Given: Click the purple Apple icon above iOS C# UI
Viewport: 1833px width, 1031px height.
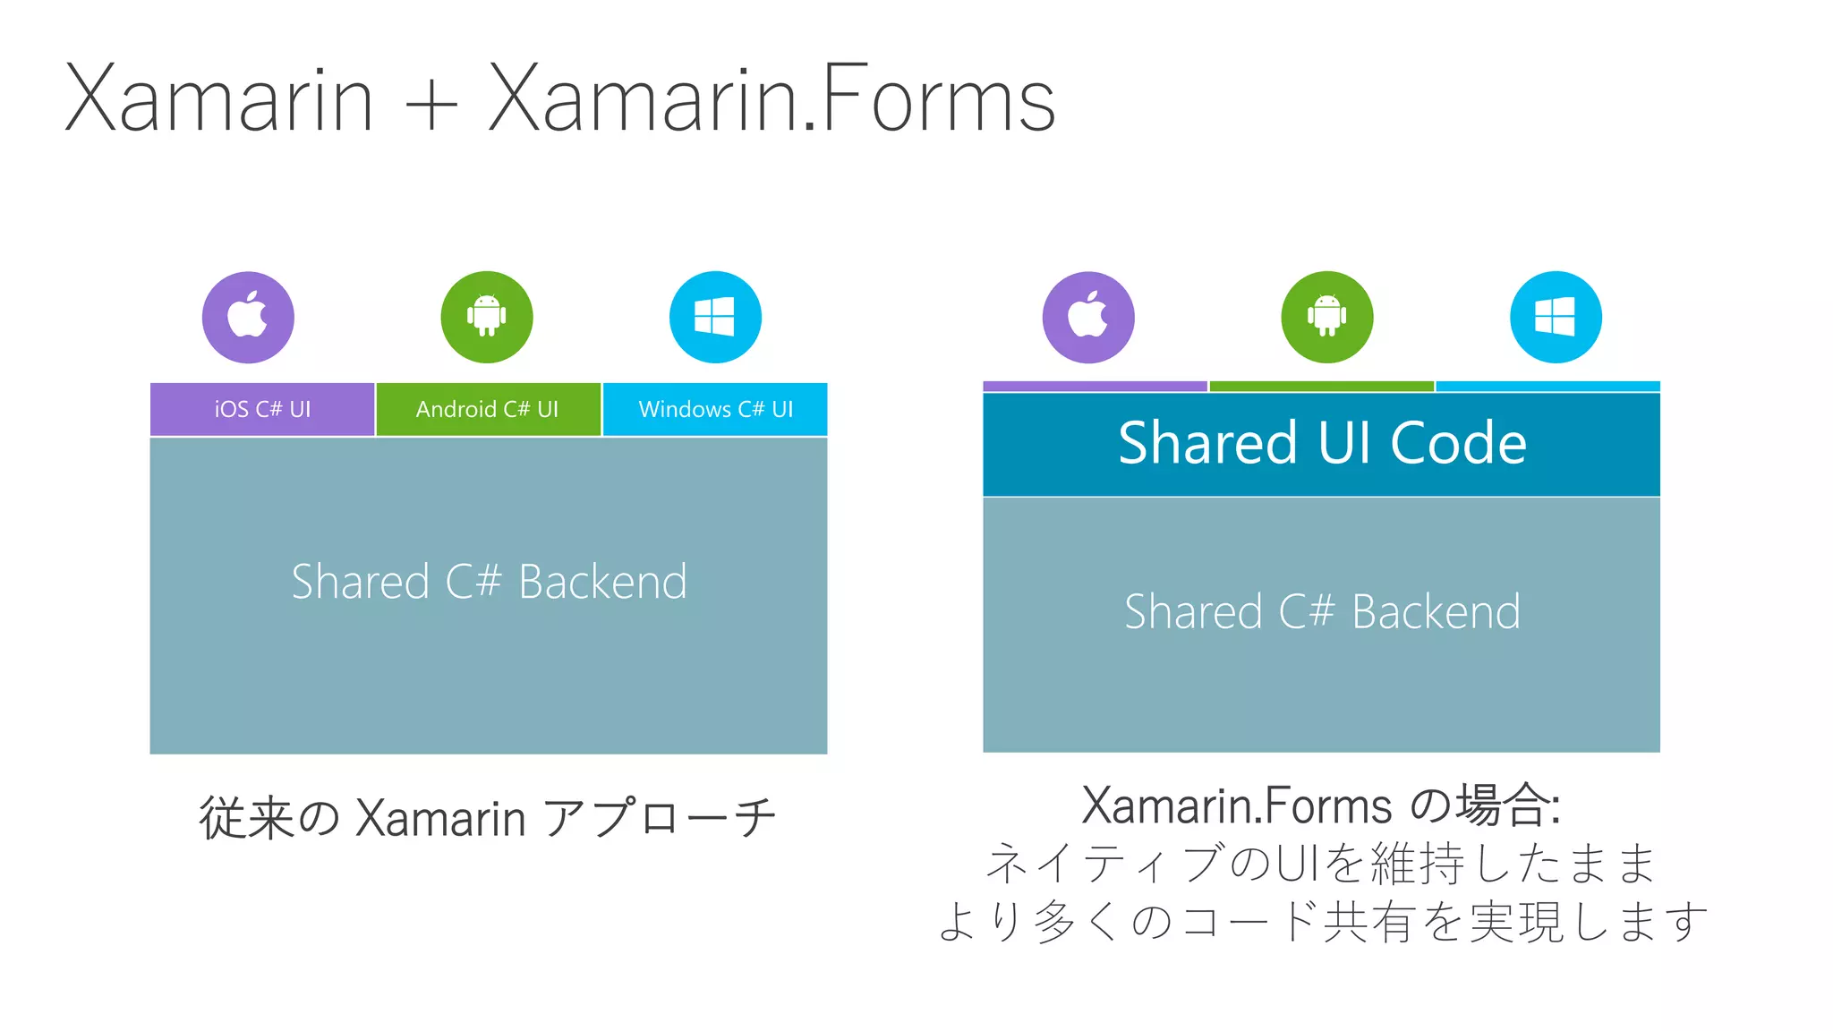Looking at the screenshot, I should click(248, 317).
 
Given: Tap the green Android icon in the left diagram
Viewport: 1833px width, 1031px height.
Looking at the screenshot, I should click(487, 317).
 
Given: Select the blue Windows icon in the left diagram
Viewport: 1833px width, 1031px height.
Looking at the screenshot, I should click(715, 317).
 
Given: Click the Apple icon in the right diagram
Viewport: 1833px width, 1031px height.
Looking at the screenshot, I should click(1088, 317).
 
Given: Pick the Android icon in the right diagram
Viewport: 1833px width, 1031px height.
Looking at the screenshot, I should click(1326, 317).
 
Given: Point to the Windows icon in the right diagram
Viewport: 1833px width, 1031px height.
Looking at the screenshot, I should click(1556, 317).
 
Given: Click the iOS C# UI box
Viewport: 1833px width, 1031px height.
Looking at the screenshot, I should click(262, 409).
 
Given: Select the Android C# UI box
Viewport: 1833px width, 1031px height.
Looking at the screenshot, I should click(488, 409).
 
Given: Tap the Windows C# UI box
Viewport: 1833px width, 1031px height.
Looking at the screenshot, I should click(715, 409).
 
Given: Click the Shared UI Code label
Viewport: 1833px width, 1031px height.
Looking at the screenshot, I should click(1322, 443).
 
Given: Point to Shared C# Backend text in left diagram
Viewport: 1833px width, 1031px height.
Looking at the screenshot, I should click(489, 582).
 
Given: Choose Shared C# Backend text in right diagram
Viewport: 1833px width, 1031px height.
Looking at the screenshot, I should click(1322, 612).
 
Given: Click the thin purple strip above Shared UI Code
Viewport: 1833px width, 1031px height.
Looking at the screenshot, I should click(1095, 387).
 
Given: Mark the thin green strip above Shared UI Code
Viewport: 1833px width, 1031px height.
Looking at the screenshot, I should click(1321, 387).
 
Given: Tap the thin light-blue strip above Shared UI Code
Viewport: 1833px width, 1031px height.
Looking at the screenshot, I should click(1547, 387).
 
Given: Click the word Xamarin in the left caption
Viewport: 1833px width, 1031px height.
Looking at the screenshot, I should click(440, 818).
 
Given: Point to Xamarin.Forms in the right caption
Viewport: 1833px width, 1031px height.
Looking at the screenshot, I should click(1236, 805).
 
